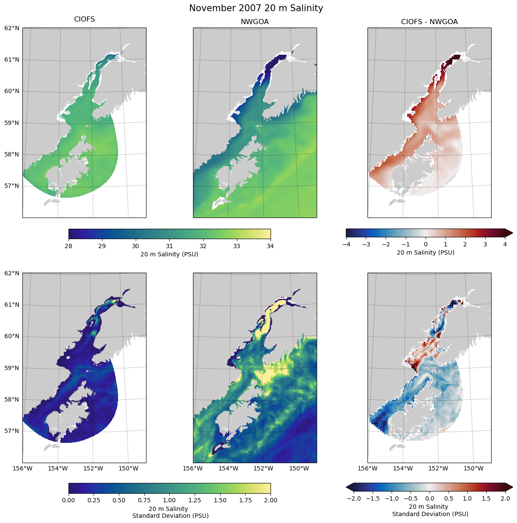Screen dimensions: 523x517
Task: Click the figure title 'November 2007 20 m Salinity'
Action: (256, 8)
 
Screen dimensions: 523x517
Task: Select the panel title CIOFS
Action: (84, 19)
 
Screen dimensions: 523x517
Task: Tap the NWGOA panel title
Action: (255, 22)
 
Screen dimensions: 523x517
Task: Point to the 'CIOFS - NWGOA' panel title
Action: (429, 22)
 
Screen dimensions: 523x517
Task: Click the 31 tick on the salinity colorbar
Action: (169, 246)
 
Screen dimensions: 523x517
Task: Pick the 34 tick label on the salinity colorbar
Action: (270, 246)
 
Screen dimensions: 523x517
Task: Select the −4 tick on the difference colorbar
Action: (346, 244)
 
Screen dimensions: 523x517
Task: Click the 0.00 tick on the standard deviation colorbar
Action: (69, 500)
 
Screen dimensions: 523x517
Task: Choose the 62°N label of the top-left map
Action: (12, 28)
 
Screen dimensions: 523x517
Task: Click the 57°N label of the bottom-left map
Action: (12, 431)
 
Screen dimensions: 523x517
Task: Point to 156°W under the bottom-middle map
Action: (193, 468)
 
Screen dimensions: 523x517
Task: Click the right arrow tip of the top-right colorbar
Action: (512, 233)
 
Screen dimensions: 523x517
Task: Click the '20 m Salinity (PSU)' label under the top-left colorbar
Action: (169, 254)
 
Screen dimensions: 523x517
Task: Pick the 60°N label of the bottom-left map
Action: (12, 336)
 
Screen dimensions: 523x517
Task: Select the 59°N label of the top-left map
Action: (12, 123)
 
